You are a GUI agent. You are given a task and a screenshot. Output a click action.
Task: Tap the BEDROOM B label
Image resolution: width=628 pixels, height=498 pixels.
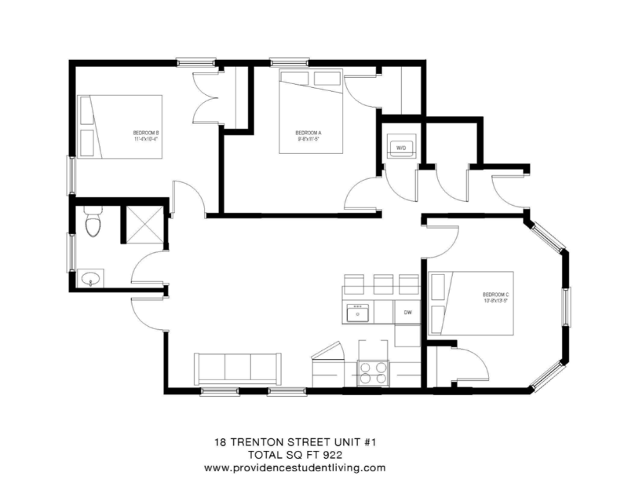147,135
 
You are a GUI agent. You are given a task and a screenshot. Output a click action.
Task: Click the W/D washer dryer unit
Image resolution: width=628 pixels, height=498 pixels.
400,147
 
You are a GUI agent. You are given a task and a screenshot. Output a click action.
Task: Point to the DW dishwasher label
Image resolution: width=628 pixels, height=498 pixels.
408,313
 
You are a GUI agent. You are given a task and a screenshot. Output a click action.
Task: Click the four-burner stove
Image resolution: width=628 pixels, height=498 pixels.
373,371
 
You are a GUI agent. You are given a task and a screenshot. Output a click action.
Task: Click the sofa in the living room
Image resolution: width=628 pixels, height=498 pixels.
238,367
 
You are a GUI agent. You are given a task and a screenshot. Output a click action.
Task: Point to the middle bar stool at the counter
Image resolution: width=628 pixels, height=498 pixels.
383,284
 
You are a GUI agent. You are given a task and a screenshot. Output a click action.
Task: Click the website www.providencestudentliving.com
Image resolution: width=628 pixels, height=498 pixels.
294,467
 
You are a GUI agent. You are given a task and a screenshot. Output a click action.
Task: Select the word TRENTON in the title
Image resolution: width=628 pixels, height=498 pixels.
265,441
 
